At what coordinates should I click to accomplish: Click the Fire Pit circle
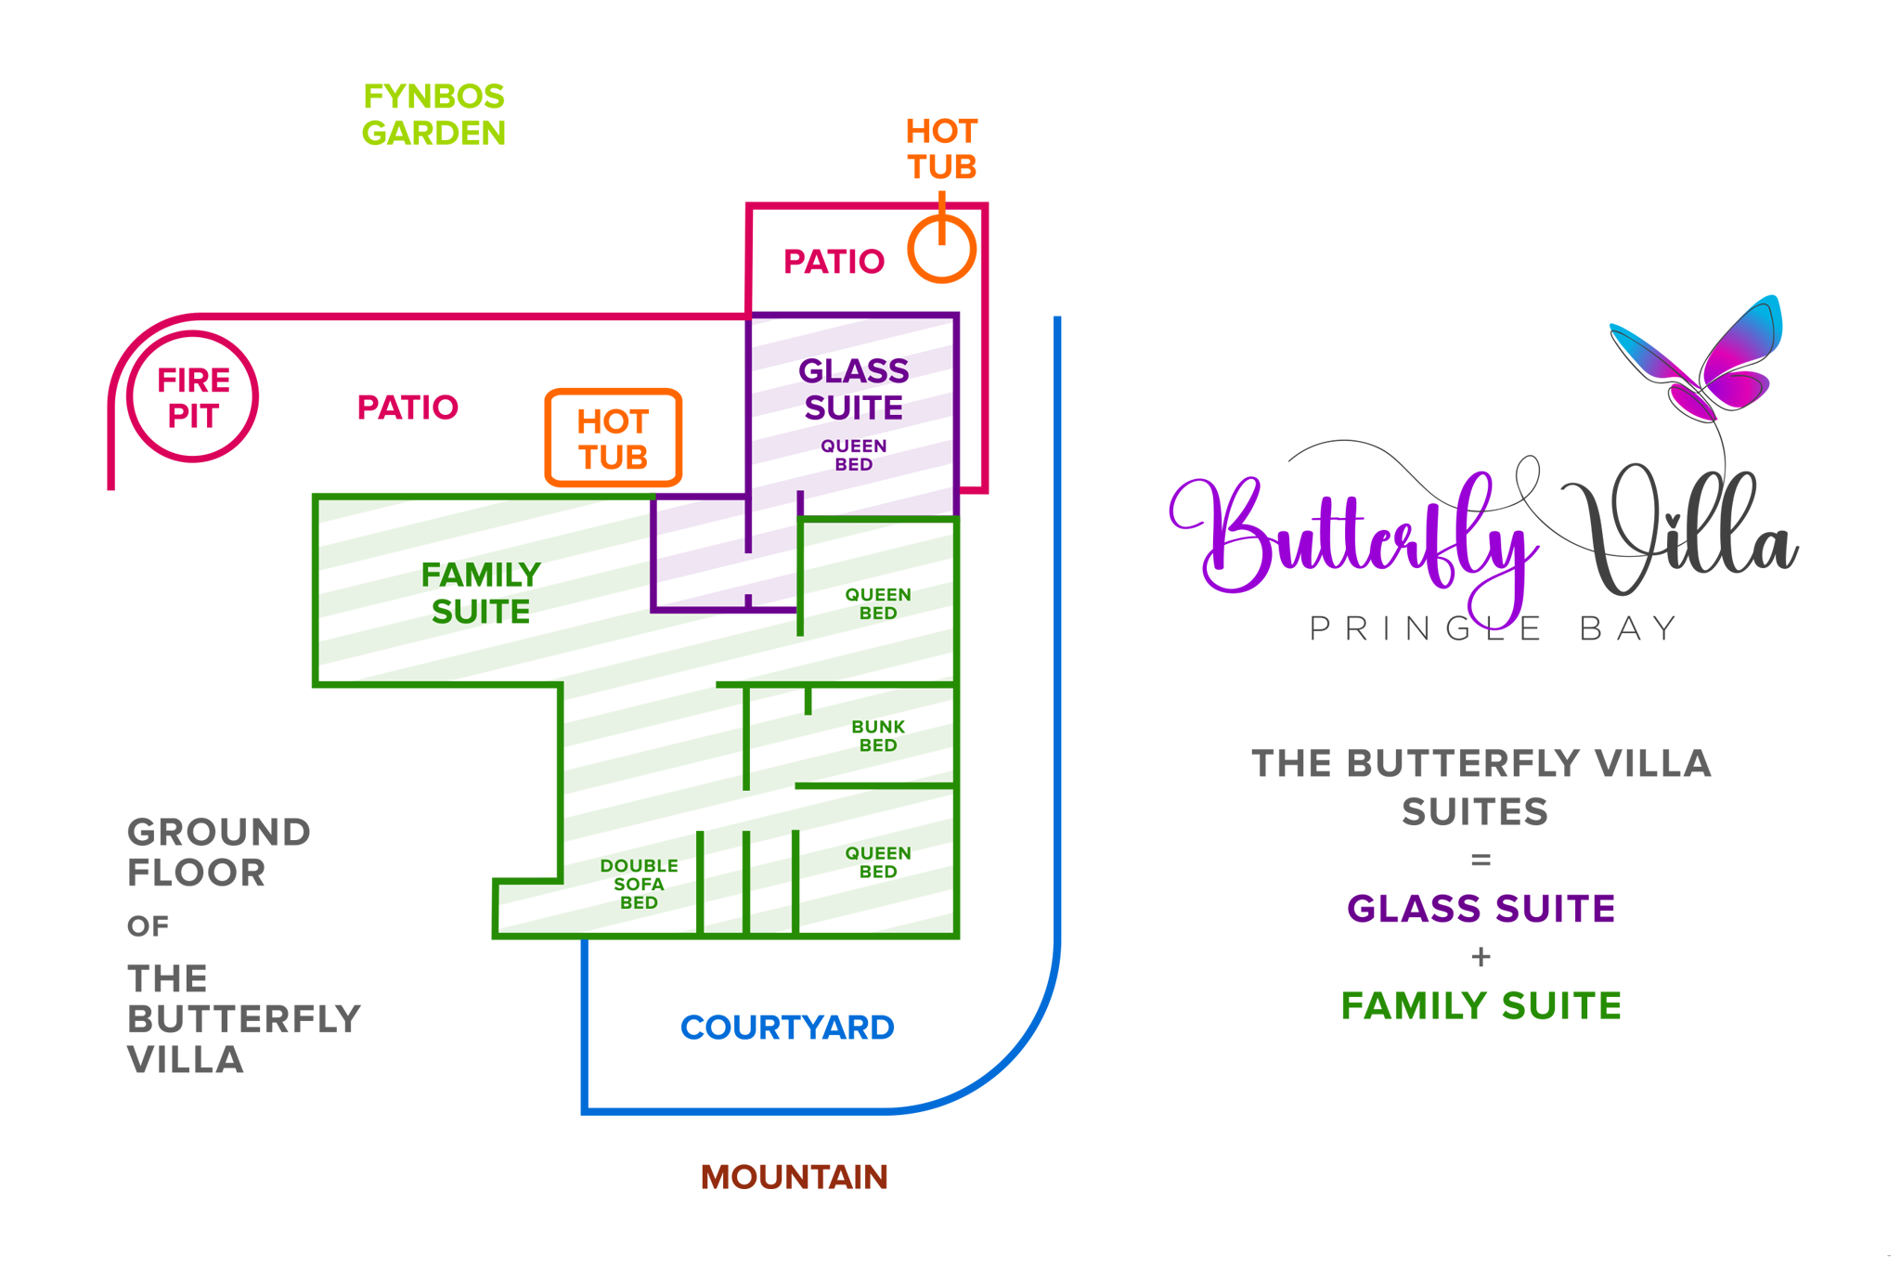(x=192, y=397)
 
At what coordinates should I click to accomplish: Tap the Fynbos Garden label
(x=433, y=115)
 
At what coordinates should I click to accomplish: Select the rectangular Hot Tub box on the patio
(x=614, y=438)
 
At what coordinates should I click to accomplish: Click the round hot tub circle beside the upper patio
(x=941, y=250)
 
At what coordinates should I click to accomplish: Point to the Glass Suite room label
(x=853, y=390)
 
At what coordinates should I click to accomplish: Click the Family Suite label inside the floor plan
(x=481, y=593)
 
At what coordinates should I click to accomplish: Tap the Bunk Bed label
(x=877, y=736)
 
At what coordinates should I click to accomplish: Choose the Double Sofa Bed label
(x=639, y=884)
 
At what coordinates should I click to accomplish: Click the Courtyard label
(x=787, y=1028)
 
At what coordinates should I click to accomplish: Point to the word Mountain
(x=795, y=1177)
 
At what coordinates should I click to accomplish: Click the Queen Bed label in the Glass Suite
(x=853, y=456)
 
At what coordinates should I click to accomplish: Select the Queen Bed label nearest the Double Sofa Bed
(x=877, y=862)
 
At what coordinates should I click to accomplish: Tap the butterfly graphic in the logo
(x=1698, y=357)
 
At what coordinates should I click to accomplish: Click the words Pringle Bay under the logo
(x=1493, y=629)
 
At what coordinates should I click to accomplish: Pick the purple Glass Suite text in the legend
(x=1481, y=909)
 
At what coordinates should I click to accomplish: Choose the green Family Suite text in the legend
(x=1481, y=1006)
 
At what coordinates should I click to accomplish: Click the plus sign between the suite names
(x=1481, y=957)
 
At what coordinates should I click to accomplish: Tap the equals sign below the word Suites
(x=1481, y=860)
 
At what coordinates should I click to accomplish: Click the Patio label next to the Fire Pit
(x=407, y=408)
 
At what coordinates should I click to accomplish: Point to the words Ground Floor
(x=219, y=852)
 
